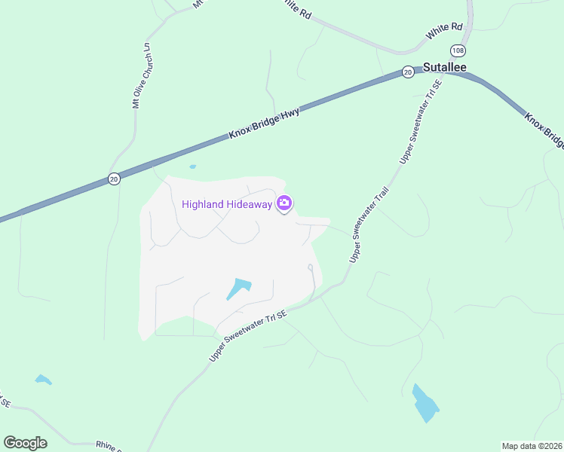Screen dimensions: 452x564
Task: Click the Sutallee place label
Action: pyautogui.click(x=444, y=67)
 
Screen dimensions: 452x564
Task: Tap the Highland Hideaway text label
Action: pyautogui.click(x=227, y=204)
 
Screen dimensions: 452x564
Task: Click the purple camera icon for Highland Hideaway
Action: pyautogui.click(x=284, y=203)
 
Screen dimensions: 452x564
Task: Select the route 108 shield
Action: pyautogui.click(x=458, y=50)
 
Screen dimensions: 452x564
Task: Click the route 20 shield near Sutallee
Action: pyautogui.click(x=407, y=72)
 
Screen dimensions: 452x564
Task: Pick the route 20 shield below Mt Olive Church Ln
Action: pyautogui.click(x=113, y=179)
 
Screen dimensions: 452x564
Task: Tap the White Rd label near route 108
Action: pyautogui.click(x=444, y=31)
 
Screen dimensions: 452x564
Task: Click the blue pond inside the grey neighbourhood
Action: pyautogui.click(x=238, y=289)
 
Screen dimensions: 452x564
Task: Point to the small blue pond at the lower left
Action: pyautogui.click(x=43, y=380)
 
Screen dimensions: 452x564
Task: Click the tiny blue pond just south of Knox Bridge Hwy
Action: pyautogui.click(x=193, y=166)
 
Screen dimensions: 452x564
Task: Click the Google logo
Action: pyautogui.click(x=25, y=443)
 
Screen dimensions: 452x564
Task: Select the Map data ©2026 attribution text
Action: pyautogui.click(x=532, y=446)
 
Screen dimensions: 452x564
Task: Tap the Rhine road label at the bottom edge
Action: pyautogui.click(x=109, y=446)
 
